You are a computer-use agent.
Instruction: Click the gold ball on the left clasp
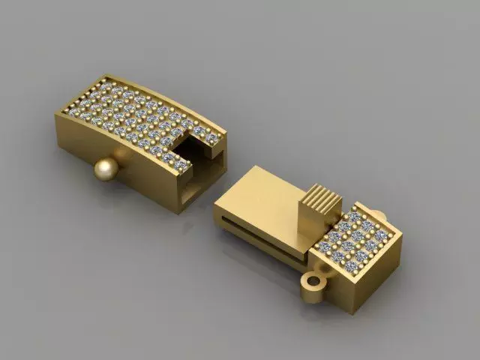(x=106, y=170)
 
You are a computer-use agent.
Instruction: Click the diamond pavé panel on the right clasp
(x=355, y=235)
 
